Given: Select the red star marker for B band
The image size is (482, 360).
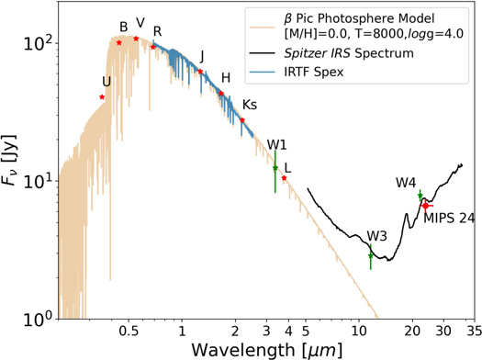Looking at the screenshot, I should tap(119, 43).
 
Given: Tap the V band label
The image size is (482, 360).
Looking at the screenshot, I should tap(140, 22).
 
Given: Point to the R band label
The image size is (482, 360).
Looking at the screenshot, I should tap(158, 31).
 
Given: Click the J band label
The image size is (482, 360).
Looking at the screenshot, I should tap(202, 56).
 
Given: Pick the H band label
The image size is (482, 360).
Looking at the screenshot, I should tap(226, 77).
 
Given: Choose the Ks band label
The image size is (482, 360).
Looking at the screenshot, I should tap(249, 104).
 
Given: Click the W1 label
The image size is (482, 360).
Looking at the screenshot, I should tap(277, 145).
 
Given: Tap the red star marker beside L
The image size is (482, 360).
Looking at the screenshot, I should tap(285, 178).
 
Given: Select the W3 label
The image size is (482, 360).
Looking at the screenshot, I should tap(376, 236).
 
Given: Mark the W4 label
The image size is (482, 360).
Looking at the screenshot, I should tap(406, 182).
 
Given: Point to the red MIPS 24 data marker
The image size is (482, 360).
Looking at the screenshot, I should tap(425, 206).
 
